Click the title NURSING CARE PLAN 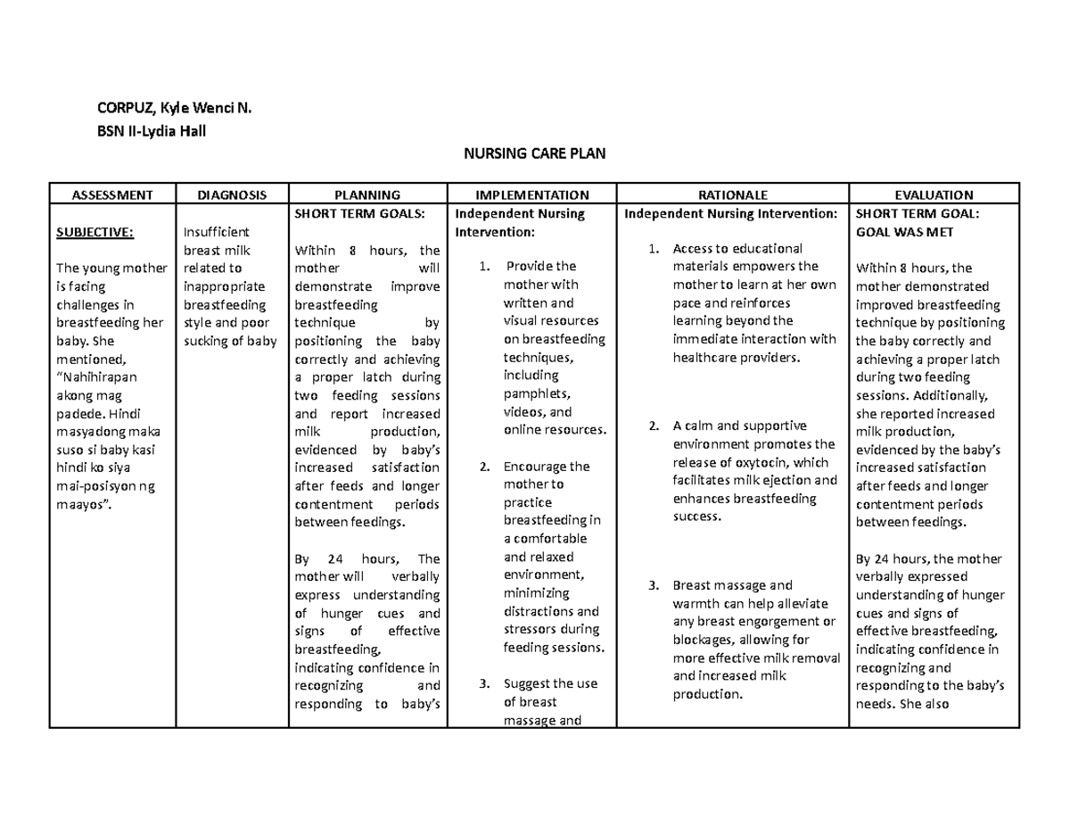(x=534, y=154)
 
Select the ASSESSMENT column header (x=112, y=194)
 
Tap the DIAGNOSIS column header (x=232, y=194)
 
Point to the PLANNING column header (x=366, y=194)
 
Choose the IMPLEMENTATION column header (x=532, y=194)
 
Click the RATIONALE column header (x=734, y=194)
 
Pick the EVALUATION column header (x=935, y=194)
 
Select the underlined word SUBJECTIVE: (x=95, y=232)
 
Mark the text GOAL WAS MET (x=904, y=232)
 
